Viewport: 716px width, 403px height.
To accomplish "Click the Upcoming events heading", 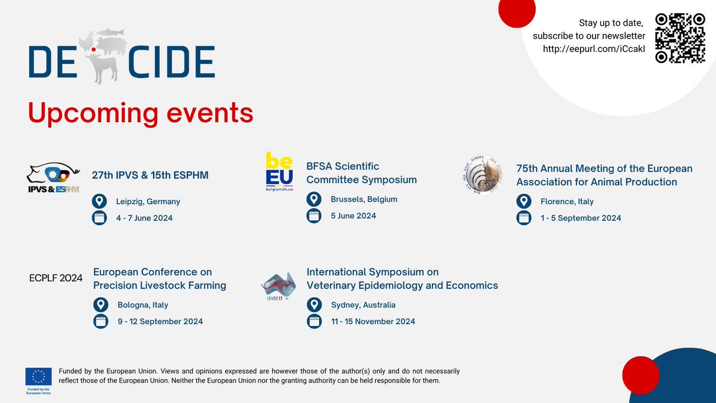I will [141, 112].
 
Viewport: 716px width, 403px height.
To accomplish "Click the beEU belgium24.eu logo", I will [279, 171].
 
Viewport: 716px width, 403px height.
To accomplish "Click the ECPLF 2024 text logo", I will [55, 278].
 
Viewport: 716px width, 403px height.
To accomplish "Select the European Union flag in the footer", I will [38, 376].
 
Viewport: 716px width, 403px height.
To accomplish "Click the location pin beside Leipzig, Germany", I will [100, 201].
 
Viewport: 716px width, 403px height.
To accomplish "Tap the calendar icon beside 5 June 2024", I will [314, 216].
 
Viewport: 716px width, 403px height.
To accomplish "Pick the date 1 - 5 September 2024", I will [581, 218].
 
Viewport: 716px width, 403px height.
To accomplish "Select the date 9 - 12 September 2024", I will [160, 321].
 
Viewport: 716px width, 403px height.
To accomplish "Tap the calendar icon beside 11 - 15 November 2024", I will [314, 321].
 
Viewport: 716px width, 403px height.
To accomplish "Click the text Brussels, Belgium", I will [364, 199].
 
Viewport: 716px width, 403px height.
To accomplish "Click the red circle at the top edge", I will [517, 12].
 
